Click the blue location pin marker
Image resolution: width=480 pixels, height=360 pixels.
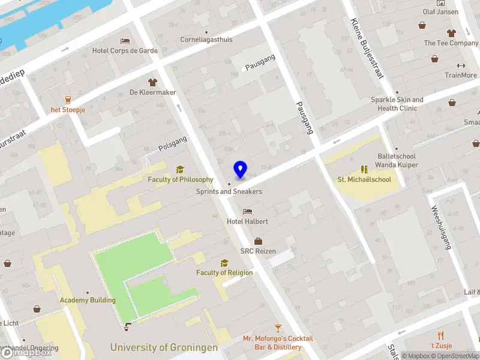click(240, 170)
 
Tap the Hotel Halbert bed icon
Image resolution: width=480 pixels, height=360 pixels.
click(247, 212)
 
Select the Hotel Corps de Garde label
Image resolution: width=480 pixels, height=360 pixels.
click(125, 51)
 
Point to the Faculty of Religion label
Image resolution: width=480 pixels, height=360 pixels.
click(224, 272)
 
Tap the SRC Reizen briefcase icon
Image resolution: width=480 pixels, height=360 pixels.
click(258, 241)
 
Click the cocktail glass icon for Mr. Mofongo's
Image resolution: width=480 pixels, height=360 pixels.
click(278, 328)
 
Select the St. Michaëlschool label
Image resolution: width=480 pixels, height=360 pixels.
click(364, 179)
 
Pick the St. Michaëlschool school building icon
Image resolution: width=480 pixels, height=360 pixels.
click(364, 170)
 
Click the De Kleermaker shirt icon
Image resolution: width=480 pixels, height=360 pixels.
click(152, 82)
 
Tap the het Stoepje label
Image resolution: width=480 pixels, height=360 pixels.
click(68, 110)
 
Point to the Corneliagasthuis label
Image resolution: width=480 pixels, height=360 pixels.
click(206, 40)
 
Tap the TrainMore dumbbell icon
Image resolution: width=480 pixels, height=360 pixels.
click(461, 66)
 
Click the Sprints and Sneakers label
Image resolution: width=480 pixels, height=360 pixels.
click(229, 191)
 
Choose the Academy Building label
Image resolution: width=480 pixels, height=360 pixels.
click(88, 300)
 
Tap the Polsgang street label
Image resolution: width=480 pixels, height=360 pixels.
click(173, 143)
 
